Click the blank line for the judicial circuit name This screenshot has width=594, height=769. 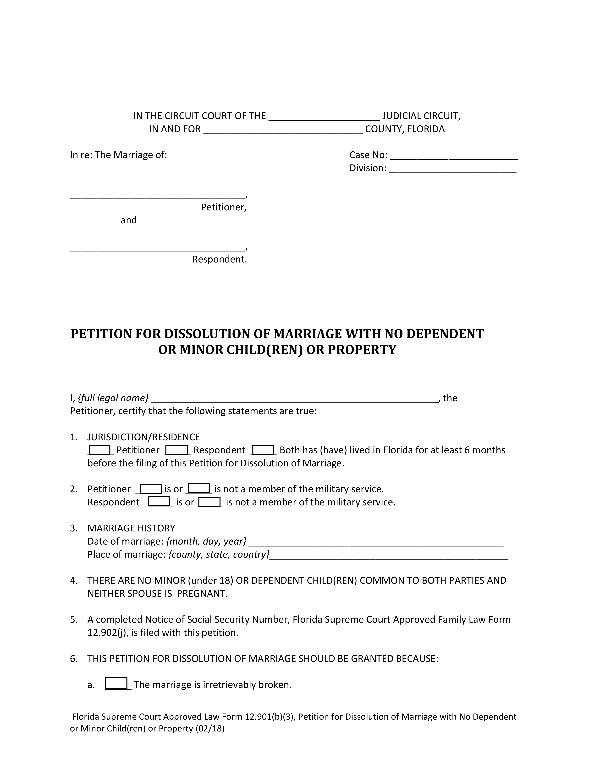[x=324, y=117]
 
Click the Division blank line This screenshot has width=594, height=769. [x=453, y=169]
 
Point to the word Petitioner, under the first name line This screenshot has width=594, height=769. [x=223, y=207]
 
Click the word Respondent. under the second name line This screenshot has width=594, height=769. [x=219, y=260]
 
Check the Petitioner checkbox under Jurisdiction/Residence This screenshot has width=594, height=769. [x=99, y=450]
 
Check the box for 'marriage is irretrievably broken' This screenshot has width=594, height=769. [x=116, y=684]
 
